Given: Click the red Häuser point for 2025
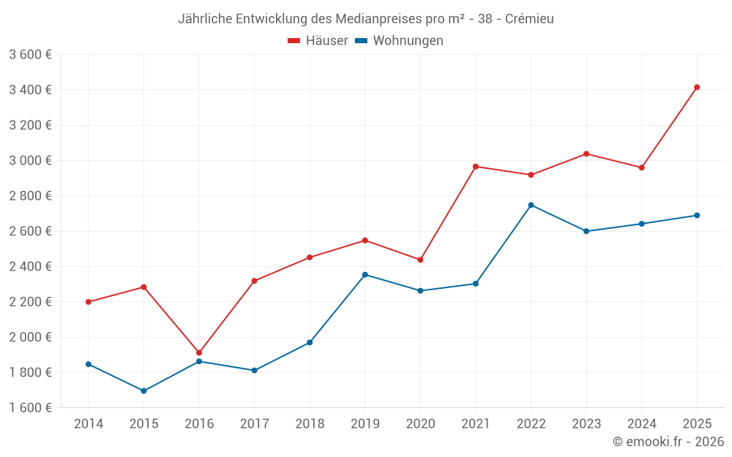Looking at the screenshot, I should pyautogui.click(x=697, y=87).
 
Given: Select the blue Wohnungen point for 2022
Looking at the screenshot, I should pyautogui.click(x=531, y=205).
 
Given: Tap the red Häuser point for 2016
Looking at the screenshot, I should pyautogui.click(x=199, y=352).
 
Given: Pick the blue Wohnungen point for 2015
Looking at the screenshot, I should pyautogui.click(x=143, y=390).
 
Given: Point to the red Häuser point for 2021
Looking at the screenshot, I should pyautogui.click(x=476, y=167).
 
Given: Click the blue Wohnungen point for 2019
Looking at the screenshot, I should pyautogui.click(x=365, y=274).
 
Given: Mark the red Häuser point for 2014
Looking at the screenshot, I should pyautogui.click(x=89, y=302).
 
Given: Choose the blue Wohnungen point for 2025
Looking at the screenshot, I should pyautogui.click(x=697, y=215).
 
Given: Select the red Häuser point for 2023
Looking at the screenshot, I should pyautogui.click(x=586, y=154).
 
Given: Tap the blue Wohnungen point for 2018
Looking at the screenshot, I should pyautogui.click(x=310, y=342).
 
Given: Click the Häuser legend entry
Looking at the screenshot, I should pyautogui.click(x=318, y=41).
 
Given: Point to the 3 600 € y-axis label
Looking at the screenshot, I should pyautogui.click(x=30, y=54).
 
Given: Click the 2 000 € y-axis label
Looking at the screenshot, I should pyautogui.click(x=30, y=337).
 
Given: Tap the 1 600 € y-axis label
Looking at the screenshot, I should pyautogui.click(x=30, y=408).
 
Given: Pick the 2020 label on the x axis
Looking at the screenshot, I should pyautogui.click(x=420, y=424).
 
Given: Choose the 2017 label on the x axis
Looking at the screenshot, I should pyautogui.click(x=254, y=424).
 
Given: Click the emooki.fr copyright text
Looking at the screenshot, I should pyautogui.click(x=668, y=442).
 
